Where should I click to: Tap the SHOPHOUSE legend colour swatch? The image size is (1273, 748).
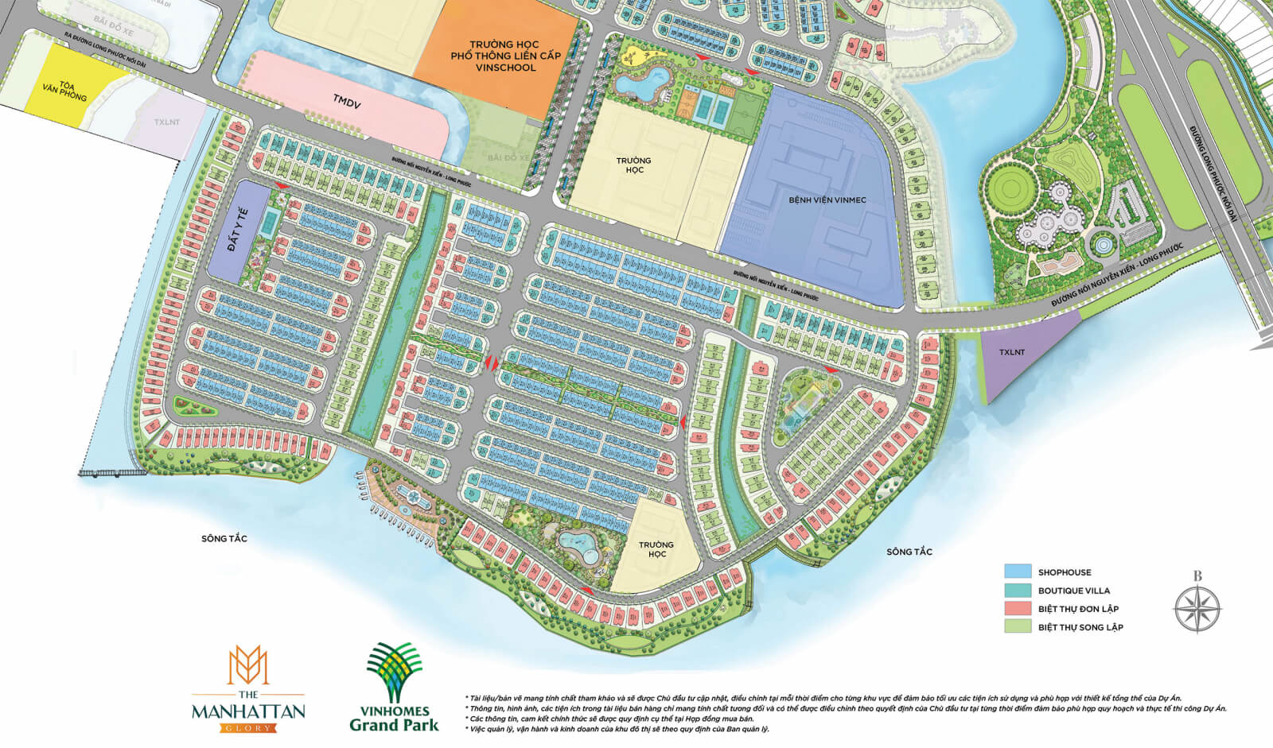click(x=1018, y=572)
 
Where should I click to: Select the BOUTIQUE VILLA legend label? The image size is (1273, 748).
click(x=1073, y=591)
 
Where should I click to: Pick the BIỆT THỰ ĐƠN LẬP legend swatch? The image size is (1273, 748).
click(x=1018, y=608)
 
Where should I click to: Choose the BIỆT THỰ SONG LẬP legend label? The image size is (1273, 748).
click(x=1080, y=627)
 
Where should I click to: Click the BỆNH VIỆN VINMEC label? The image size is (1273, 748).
click(x=827, y=200)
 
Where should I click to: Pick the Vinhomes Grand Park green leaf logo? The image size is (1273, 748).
click(x=393, y=672)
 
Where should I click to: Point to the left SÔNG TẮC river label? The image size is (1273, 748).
click(x=224, y=539)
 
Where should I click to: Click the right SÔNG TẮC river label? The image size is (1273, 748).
click(x=909, y=552)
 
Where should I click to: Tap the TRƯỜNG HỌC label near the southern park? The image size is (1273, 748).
click(x=656, y=549)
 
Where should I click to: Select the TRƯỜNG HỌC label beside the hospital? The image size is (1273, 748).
click(x=633, y=165)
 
